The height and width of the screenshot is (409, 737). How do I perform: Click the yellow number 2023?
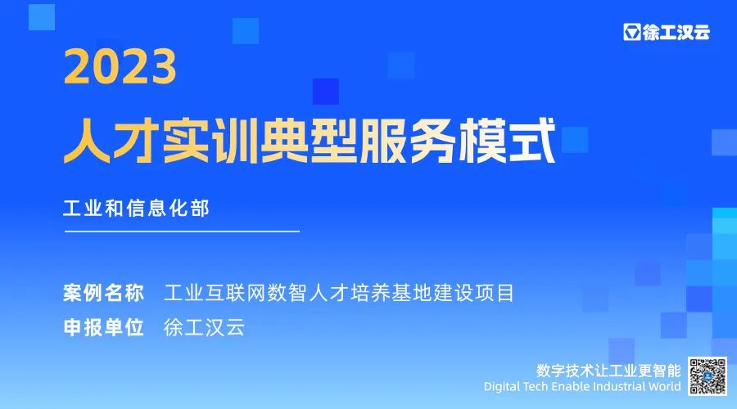click(120, 67)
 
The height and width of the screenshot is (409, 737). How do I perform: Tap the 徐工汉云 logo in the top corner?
click(667, 32)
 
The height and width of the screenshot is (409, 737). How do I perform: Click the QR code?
click(708, 375)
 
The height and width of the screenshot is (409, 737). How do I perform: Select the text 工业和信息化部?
click(136, 209)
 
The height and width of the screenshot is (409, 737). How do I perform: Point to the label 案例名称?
click(103, 293)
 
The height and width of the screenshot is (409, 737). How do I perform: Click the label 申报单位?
click(103, 327)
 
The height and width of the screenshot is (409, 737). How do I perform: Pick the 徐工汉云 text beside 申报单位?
click(205, 327)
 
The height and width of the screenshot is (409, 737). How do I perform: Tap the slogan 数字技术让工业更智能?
click(608, 371)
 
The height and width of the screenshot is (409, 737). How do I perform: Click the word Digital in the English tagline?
click(501, 387)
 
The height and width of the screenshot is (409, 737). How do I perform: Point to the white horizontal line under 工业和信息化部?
click(182, 231)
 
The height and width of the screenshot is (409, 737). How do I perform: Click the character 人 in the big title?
click(87, 141)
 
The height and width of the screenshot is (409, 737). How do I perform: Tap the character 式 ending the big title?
click(532, 141)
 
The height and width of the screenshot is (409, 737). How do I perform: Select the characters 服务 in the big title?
click(408, 141)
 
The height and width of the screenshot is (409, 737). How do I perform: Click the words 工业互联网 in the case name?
click(215, 293)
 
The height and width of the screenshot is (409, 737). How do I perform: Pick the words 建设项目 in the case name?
click(474, 293)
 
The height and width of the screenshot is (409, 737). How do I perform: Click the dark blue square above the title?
click(326, 92)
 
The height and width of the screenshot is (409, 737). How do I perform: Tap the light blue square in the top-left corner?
click(42, 17)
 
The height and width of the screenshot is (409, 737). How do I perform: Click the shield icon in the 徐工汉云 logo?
click(632, 32)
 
